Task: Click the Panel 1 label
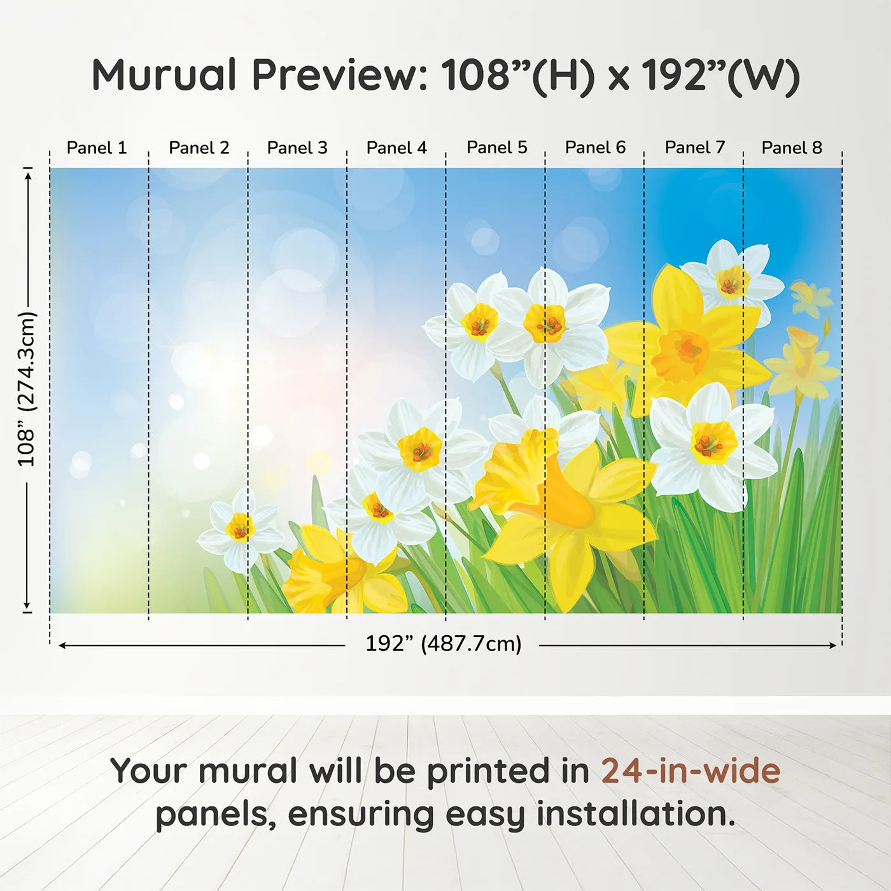point(97,148)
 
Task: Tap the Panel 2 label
point(199,148)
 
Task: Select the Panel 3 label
point(297,148)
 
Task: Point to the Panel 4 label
point(396,148)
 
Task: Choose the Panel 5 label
point(496,148)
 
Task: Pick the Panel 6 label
point(595,148)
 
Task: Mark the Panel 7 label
point(694,148)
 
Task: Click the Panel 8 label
point(792,148)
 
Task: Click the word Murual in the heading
point(164,75)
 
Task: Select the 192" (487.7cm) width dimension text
point(444,644)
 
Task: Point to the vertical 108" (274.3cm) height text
point(26,388)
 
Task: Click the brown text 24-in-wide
point(691,771)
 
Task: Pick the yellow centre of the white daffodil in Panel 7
point(714,442)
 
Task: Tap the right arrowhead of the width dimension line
point(832,645)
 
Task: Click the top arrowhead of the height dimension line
point(28,177)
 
